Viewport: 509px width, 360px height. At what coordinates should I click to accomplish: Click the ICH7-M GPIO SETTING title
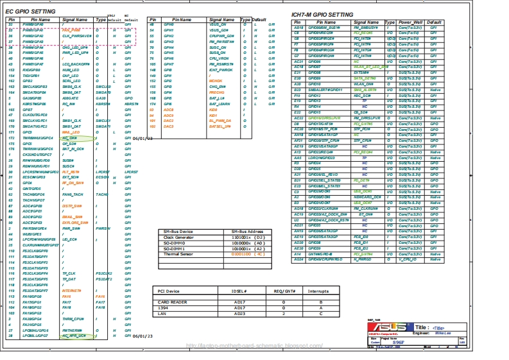point(322,14)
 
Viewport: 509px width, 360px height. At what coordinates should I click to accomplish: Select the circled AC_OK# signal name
point(70,138)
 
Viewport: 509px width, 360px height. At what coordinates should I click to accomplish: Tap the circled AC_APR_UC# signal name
point(74,336)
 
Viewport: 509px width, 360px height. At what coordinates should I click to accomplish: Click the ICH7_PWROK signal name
point(222,70)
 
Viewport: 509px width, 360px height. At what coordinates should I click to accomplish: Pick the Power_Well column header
point(411,22)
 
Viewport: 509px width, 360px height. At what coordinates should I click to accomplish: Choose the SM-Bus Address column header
point(247,231)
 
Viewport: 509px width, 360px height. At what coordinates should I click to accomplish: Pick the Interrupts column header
point(318,291)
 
